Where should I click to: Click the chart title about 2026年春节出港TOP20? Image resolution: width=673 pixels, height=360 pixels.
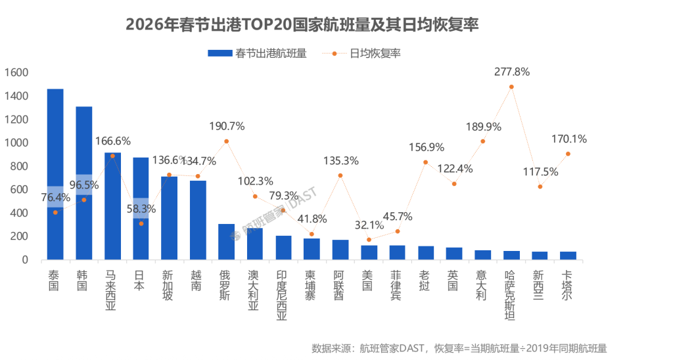coord(302,25)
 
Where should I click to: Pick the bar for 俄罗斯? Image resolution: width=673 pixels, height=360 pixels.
coord(226,242)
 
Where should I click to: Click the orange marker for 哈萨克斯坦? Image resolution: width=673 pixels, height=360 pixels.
coord(511,87)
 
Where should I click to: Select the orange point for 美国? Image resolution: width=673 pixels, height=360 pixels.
coord(369,240)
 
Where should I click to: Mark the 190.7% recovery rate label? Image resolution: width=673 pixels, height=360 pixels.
coord(227,126)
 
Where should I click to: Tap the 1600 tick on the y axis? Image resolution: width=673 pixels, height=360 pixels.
coord(16,72)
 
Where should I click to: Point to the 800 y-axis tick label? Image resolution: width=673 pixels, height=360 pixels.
coord(19,166)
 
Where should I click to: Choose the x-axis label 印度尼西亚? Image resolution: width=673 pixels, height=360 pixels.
coord(282,294)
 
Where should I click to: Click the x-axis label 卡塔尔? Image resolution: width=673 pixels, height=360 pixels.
coord(567,284)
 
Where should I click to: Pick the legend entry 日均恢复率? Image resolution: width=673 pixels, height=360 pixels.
coord(368,53)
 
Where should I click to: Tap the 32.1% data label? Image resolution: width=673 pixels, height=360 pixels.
coord(369,225)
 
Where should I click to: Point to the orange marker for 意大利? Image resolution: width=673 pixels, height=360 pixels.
coord(482,141)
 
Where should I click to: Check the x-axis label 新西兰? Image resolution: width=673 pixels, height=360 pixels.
coord(539,284)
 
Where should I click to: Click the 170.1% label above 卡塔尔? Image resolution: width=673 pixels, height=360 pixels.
coord(569,139)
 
